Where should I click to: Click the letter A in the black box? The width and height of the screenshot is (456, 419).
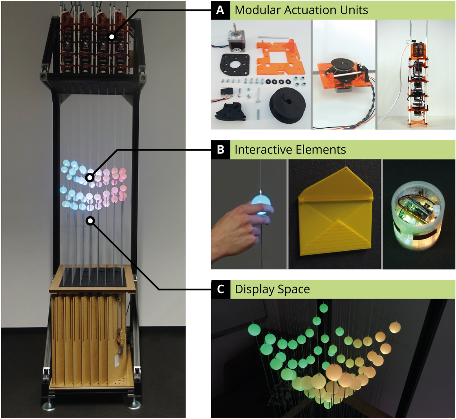(x=220, y=10)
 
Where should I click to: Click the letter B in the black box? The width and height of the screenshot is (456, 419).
(x=221, y=150)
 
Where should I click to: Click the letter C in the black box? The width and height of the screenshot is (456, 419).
(x=221, y=289)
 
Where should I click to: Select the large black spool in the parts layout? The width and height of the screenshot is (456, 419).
(x=287, y=105)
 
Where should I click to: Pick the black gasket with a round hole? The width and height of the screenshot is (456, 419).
(x=234, y=65)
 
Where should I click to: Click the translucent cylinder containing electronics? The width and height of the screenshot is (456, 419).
(x=416, y=218)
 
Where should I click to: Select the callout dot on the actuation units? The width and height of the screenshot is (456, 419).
(x=112, y=37)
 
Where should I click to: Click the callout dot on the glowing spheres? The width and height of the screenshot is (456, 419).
(x=90, y=177)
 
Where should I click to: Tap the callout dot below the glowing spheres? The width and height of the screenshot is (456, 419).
(x=90, y=221)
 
